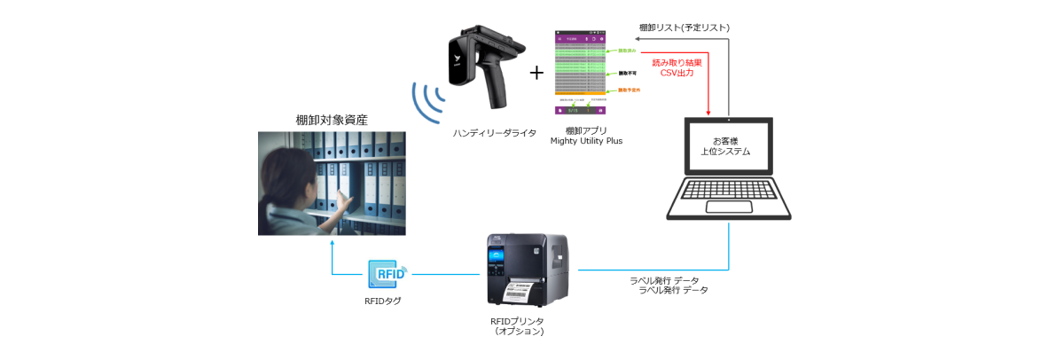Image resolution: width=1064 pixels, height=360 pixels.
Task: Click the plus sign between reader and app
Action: [x=536, y=72]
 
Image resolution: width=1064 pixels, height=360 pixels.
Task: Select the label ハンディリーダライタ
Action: [x=495, y=133]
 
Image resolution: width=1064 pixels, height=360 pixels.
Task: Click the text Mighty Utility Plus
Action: [x=585, y=140]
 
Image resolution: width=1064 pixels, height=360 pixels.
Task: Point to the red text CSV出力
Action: [x=677, y=74]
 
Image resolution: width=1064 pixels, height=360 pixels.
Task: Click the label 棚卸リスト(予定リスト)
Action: [x=684, y=28]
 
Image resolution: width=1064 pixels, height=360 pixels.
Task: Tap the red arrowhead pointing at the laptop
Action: [x=708, y=112]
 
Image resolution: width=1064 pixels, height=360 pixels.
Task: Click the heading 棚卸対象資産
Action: [x=332, y=120]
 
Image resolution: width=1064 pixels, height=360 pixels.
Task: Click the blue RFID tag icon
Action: [x=387, y=273]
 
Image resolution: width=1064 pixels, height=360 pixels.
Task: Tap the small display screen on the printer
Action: [x=496, y=258]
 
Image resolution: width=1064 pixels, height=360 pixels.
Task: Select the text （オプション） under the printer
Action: [x=519, y=332]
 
